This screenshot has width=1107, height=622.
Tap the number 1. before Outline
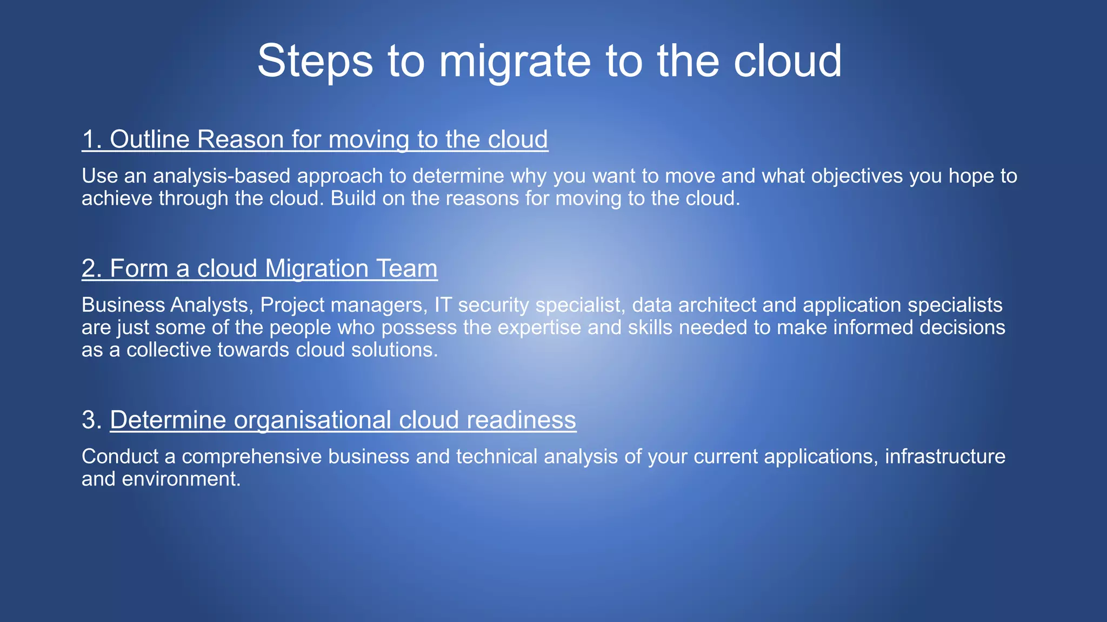(x=92, y=139)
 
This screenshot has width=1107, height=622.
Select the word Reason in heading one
(x=240, y=139)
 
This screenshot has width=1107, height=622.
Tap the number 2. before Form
(x=92, y=268)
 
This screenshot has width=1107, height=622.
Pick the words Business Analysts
(x=165, y=305)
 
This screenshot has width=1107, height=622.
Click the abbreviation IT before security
(x=442, y=305)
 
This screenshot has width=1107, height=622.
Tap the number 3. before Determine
(x=92, y=420)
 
